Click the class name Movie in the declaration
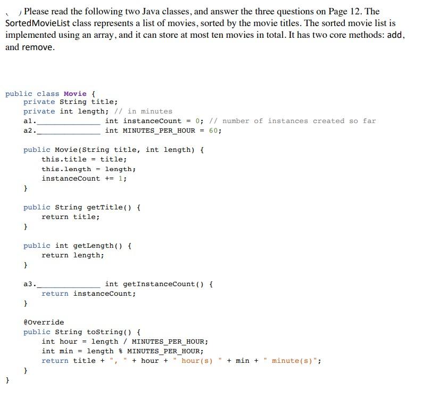click(x=75, y=94)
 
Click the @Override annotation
click(x=44, y=322)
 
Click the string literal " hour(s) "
click(x=199, y=361)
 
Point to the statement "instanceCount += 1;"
click(x=84, y=178)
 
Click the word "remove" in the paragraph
click(x=37, y=47)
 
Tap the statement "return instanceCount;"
click(x=88, y=294)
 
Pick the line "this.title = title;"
click(x=84, y=159)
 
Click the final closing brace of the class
click(x=7, y=380)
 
